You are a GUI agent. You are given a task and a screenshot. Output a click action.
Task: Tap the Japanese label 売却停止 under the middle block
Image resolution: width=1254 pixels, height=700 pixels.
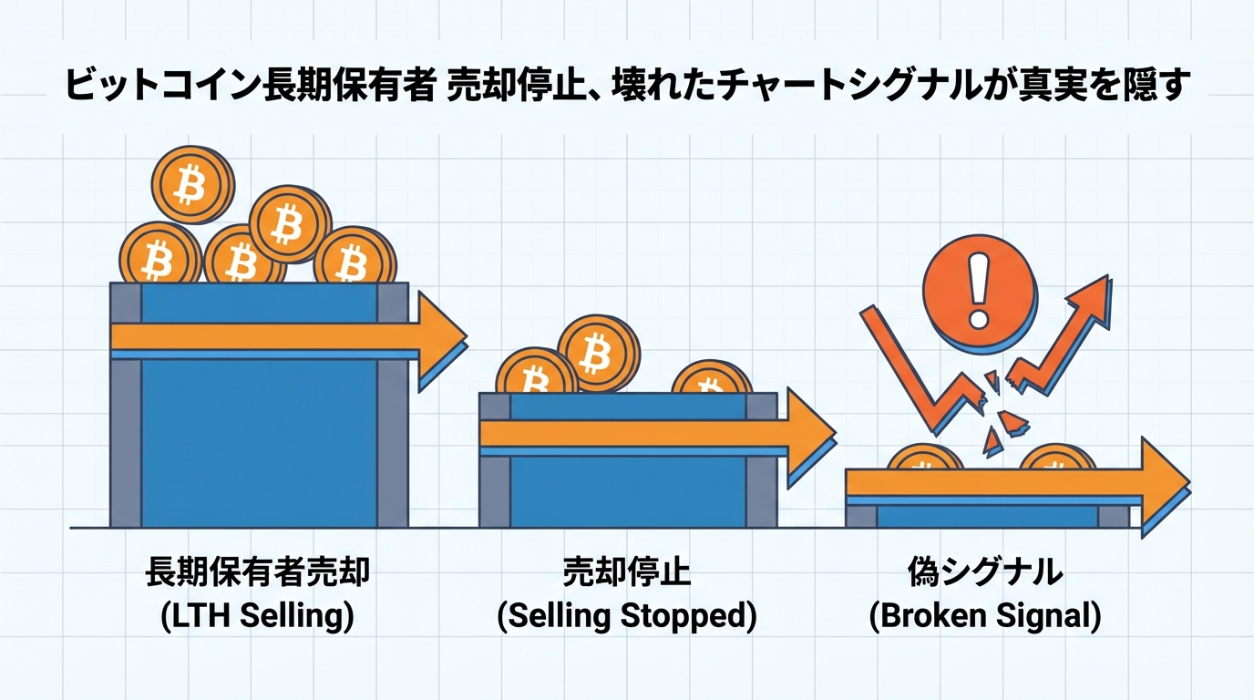[627, 574]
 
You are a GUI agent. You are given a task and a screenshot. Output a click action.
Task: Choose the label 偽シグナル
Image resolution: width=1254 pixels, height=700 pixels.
[985, 574]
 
